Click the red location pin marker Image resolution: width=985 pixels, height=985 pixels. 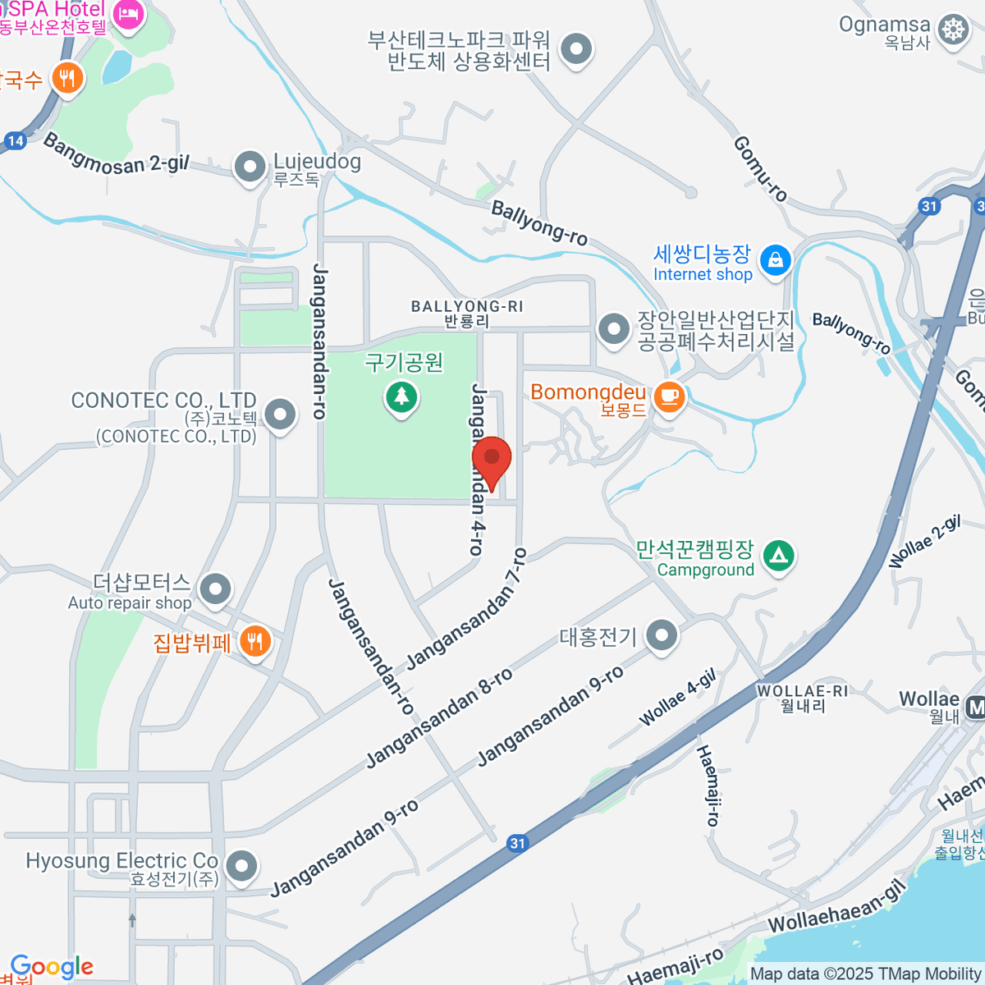[x=492, y=460]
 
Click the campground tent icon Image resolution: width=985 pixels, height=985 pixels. [x=778, y=557]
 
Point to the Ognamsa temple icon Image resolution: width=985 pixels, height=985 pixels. [x=952, y=30]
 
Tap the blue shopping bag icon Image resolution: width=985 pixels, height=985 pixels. [x=775, y=261]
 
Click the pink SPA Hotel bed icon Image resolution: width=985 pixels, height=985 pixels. [x=128, y=13]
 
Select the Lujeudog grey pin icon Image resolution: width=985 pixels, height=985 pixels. [x=249, y=167]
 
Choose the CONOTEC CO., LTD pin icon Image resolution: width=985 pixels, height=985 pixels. [x=280, y=415]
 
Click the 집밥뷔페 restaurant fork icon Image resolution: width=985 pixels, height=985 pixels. [x=254, y=642]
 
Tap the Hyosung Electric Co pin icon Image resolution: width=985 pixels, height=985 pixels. [x=241, y=866]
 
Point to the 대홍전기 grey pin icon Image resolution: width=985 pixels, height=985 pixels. [x=662, y=635]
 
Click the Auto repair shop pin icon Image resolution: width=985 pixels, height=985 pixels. [x=216, y=589]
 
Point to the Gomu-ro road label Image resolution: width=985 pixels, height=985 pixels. [x=760, y=169]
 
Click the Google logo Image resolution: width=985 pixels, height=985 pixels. [x=52, y=968]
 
